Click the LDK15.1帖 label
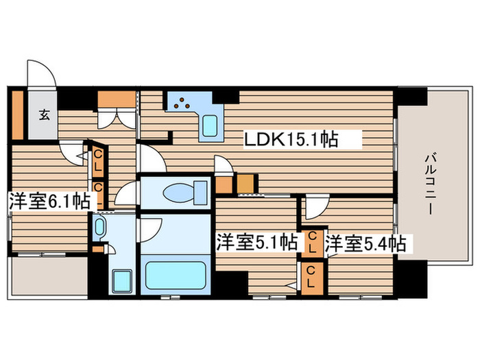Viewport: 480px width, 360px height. [x=291, y=140]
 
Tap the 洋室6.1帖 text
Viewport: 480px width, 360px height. [x=49, y=202]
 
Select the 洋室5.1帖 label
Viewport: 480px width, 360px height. [x=257, y=242]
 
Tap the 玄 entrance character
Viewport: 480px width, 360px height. [x=43, y=115]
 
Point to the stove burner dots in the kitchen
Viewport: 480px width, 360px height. [x=182, y=104]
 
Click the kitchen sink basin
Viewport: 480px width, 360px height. [x=211, y=125]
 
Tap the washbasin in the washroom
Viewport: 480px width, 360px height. [x=99, y=228]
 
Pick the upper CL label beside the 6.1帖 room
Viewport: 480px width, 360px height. [x=97, y=160]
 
